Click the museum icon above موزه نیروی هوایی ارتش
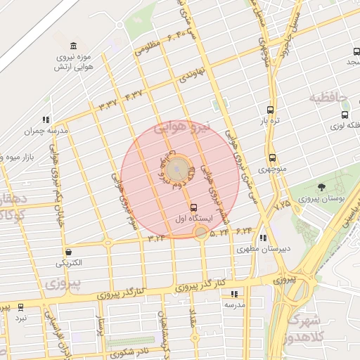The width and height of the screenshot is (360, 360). click(x=63, y=46)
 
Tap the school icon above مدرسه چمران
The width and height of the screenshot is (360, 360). click(x=46, y=120)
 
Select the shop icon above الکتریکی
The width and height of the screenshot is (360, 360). click(x=68, y=252)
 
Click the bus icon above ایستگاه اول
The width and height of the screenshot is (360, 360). click(x=193, y=207)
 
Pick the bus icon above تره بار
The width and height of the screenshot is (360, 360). click(x=271, y=110)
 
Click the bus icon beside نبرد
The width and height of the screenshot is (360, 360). click(x=20, y=307)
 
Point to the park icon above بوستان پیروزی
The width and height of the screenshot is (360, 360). click(x=321, y=187)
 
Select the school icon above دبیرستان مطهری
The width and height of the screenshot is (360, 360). click(x=263, y=238)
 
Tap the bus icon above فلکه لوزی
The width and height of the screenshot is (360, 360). click(x=345, y=115)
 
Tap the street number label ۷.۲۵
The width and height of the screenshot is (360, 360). click(x=283, y=204)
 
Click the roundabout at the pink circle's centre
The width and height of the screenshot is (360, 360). click(x=179, y=169)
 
